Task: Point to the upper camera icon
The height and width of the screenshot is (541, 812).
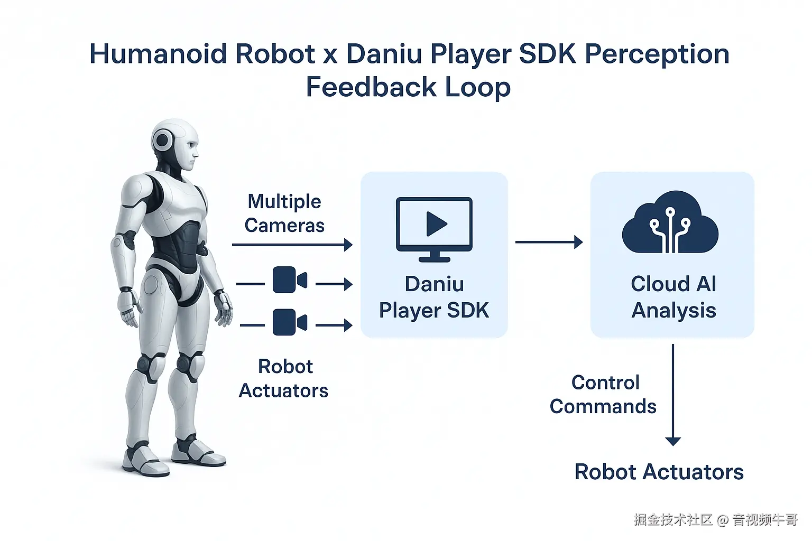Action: click(x=290, y=280)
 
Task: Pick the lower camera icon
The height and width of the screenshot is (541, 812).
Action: click(x=290, y=322)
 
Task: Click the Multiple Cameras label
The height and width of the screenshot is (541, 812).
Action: click(x=284, y=213)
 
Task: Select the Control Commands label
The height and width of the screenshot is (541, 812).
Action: click(x=603, y=394)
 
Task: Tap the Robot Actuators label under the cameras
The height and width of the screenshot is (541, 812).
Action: click(x=284, y=378)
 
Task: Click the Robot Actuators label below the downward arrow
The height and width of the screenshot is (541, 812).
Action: click(x=659, y=472)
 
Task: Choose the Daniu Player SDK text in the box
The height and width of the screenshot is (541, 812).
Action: click(x=434, y=297)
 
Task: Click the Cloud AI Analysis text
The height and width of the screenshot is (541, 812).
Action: click(x=673, y=297)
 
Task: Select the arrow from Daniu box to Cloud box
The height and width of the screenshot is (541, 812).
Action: click(x=549, y=242)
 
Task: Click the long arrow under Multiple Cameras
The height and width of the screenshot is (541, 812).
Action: click(x=292, y=245)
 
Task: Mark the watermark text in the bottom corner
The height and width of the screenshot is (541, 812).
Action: click(x=716, y=520)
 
